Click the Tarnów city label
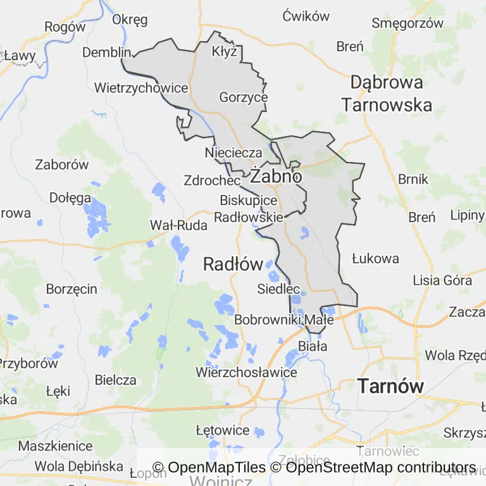390,385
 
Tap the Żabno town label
276,177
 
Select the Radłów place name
233,265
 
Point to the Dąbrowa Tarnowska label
387,93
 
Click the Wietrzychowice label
141,87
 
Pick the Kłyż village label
225,51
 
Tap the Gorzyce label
244,97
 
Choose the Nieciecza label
234,153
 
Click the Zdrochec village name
212,180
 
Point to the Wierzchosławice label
246,372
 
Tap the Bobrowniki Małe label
283,320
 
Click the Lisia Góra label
442,280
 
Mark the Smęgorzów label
408,23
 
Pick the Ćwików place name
306,16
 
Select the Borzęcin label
72,289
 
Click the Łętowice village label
223,430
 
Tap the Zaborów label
62,165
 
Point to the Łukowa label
375,258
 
